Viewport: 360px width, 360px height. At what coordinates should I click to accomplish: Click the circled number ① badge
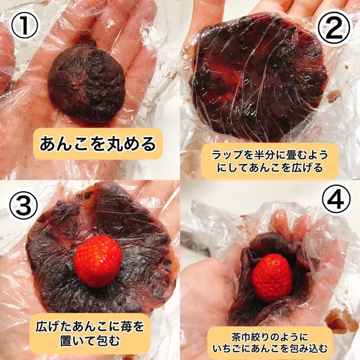pyautogui.click(x=24, y=25)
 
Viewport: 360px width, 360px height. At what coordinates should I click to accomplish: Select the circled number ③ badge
pyautogui.click(x=24, y=204)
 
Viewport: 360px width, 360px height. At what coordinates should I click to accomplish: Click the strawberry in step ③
pyautogui.click(x=98, y=261)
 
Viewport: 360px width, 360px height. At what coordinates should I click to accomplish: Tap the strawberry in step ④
pyautogui.click(x=272, y=277)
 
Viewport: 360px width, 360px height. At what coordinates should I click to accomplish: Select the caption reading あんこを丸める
pyautogui.click(x=98, y=144)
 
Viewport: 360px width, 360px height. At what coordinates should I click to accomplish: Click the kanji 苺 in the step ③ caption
pyautogui.click(x=124, y=327)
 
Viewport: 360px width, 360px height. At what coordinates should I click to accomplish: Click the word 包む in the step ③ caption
pyautogui.click(x=108, y=340)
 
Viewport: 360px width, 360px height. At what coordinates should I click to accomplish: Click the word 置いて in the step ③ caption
pyautogui.click(x=77, y=340)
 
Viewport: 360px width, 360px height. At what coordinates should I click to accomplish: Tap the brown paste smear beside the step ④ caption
pyautogui.click(x=339, y=319)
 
